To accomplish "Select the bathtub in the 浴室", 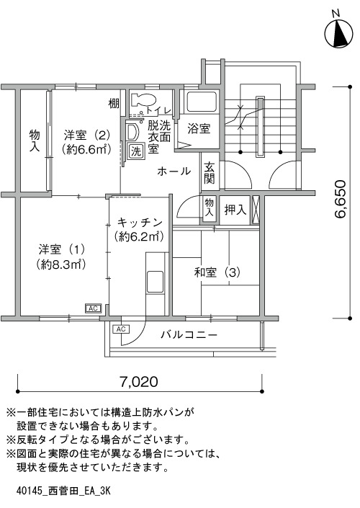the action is (x=199, y=102).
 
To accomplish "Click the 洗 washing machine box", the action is (x=136, y=151).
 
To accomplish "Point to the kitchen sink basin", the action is (x=155, y=282).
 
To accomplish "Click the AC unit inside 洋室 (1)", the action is (x=93, y=308).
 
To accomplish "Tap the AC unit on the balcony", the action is (x=121, y=329).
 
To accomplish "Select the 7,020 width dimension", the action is (x=139, y=382).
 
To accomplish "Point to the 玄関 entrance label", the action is (x=210, y=173).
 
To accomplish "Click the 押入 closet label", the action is (x=235, y=210).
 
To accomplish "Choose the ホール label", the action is (x=174, y=171).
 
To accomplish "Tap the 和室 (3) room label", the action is (x=217, y=272).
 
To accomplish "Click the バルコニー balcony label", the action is (x=189, y=334).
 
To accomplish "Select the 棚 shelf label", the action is (x=114, y=104).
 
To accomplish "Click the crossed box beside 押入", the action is (x=256, y=210).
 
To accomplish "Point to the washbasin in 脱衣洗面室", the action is (x=132, y=132).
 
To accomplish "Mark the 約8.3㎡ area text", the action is (x=61, y=264).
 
